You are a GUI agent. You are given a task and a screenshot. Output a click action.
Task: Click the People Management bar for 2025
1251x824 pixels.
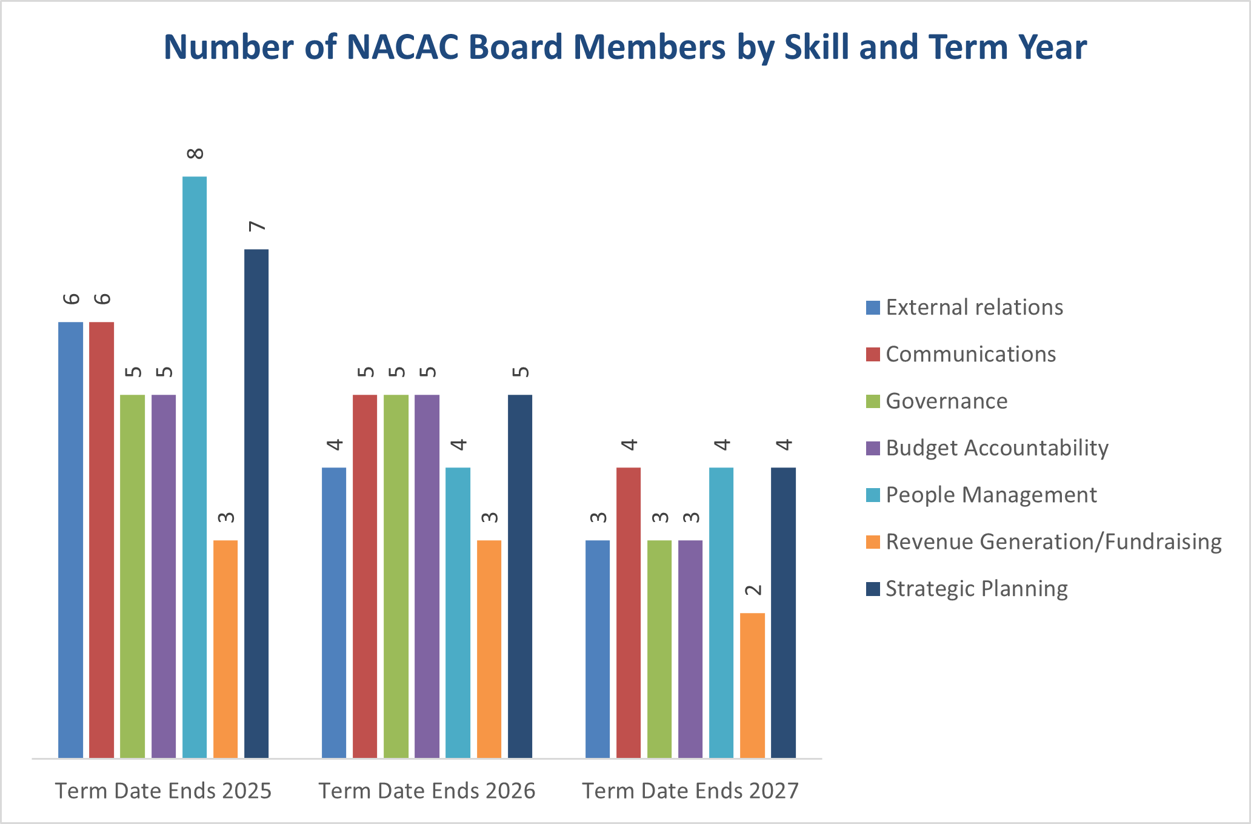coord(195,467)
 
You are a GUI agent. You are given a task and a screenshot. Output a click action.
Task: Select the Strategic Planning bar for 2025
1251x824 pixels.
coord(256,503)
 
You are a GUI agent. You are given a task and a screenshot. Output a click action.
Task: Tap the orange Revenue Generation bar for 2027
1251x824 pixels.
coord(752,685)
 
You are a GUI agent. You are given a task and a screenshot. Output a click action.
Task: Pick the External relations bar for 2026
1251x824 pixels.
coord(334,612)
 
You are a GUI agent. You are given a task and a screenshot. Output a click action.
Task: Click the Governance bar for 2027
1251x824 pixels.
coord(659,649)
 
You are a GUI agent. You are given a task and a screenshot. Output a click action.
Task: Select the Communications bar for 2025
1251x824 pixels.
coord(101,540)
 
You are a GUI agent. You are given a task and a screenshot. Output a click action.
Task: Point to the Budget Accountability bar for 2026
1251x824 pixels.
coord(427,576)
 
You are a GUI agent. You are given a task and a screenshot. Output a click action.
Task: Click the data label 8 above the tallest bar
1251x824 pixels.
coord(195,153)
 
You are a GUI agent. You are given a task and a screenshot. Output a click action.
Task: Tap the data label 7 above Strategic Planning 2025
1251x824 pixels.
coord(257,226)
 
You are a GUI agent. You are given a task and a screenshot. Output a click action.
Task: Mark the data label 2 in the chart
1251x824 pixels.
coord(753,590)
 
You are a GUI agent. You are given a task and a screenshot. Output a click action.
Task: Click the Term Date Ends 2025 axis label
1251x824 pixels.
coord(163,791)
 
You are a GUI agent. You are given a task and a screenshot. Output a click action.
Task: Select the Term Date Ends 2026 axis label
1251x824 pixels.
coord(427,791)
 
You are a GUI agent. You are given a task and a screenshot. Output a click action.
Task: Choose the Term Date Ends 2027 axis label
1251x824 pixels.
coord(690,791)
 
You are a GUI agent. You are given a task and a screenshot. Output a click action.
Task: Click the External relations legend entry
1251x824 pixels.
coord(974,307)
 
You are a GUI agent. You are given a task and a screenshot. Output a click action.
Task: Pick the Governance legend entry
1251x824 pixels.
coord(946,401)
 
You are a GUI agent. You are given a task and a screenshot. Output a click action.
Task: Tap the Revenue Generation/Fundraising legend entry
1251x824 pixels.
coord(1053,541)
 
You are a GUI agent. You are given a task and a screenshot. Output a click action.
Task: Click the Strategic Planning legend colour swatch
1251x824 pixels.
coord(873,589)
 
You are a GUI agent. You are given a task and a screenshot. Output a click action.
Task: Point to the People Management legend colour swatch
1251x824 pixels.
coord(873,495)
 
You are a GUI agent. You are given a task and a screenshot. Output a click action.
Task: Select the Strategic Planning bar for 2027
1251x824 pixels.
coord(783,612)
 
